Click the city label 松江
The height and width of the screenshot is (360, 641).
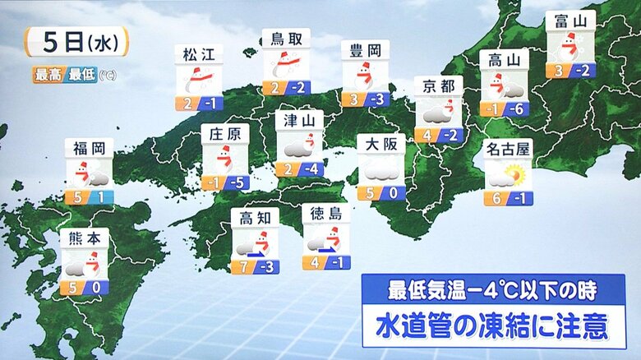coord(199,55)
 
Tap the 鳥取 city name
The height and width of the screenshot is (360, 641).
coord(285,39)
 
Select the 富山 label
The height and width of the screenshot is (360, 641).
coord(570,21)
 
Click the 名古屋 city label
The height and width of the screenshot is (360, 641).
coord(508,150)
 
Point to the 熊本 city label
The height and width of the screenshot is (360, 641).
coord(84,238)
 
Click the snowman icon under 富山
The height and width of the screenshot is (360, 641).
coord(570,46)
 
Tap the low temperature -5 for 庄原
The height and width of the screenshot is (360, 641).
coord(237,182)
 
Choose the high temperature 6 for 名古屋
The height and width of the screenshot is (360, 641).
coord(496,198)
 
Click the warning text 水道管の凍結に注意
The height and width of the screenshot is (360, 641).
coord(492,325)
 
